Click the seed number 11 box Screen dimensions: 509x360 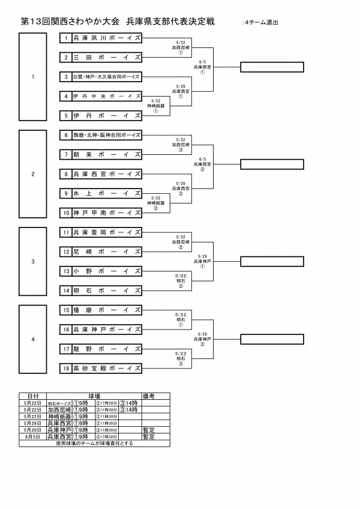click(x=66, y=232)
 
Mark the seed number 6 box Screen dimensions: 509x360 click(x=66, y=134)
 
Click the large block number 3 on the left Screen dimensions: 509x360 click(x=33, y=261)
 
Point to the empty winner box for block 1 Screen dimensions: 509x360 click(x=272, y=67)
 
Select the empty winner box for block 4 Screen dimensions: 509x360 click(x=272, y=339)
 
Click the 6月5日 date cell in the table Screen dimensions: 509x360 click(x=32, y=437)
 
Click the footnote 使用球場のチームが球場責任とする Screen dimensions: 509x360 click(x=94, y=444)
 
